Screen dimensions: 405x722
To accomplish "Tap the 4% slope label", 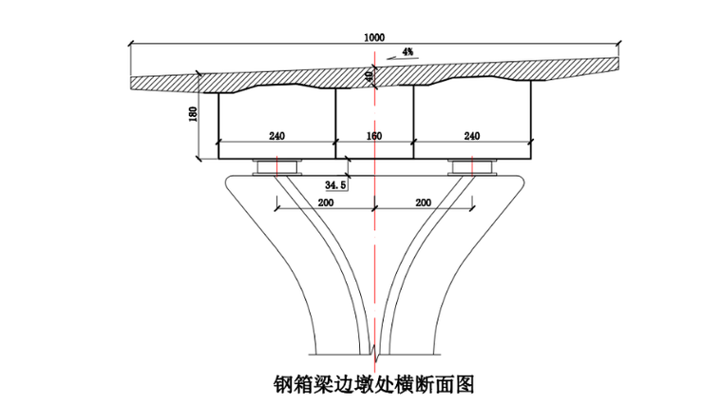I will tap(408, 51).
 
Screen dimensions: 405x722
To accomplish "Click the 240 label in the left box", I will tap(276, 137).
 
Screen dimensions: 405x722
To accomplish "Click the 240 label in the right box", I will tap(471, 137).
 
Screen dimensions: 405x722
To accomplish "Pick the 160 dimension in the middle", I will tap(373, 137).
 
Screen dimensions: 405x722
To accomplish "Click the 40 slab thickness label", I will tap(369, 76).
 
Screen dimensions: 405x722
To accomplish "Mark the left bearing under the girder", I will tap(276, 167).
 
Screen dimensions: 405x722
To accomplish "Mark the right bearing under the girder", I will tap(471, 167).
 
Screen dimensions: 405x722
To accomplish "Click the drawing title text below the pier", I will tap(373, 384).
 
